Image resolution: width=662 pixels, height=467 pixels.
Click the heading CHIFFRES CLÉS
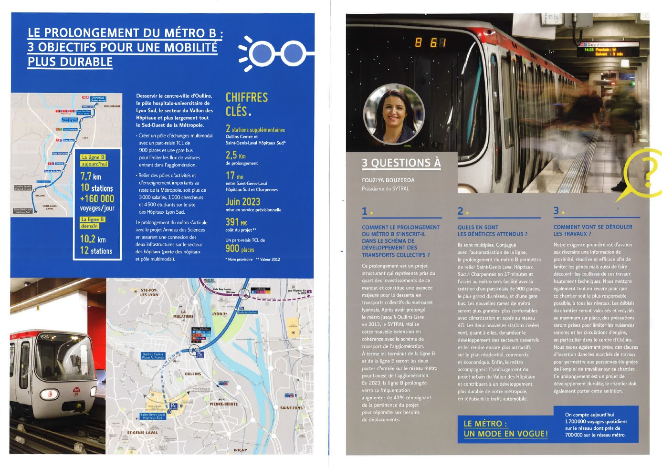click(x=247, y=104)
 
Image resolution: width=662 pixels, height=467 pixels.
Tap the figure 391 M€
click(x=236, y=222)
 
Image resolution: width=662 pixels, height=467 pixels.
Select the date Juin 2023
click(x=243, y=202)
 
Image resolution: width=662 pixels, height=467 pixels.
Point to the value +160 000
click(x=97, y=198)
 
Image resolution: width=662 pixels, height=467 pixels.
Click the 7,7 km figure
click(x=91, y=176)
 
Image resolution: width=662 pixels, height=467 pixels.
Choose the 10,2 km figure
click(x=93, y=239)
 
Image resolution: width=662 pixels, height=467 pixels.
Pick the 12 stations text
click(x=96, y=250)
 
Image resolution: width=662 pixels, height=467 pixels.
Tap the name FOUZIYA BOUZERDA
click(x=388, y=180)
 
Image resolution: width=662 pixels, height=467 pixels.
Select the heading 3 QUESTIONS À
click(x=401, y=163)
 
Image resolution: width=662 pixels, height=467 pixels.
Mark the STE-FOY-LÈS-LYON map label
click(x=149, y=292)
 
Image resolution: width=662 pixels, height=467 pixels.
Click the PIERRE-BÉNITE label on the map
click(x=223, y=404)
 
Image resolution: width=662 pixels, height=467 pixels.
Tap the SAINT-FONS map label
click(x=291, y=408)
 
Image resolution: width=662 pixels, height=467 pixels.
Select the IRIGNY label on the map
click(x=240, y=450)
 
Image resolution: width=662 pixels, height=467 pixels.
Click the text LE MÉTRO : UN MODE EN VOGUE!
click(x=505, y=428)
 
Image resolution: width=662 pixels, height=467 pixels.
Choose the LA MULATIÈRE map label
click(x=183, y=314)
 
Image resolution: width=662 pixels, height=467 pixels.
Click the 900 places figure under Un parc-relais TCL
click(x=240, y=249)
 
